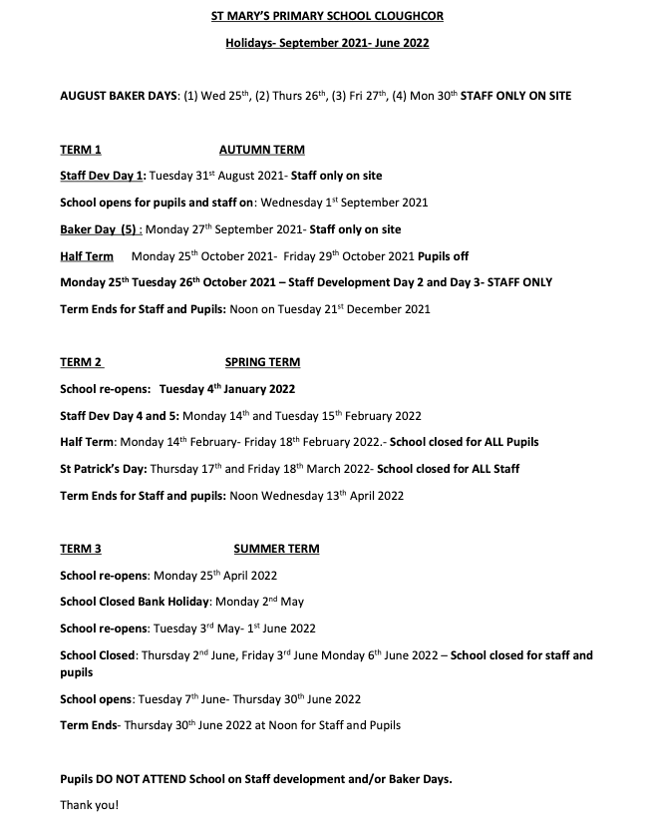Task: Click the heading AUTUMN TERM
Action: click(x=261, y=150)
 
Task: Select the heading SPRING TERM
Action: click(x=262, y=362)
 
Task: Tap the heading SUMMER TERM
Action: click(x=276, y=549)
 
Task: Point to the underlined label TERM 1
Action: click(x=81, y=150)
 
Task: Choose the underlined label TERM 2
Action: click(x=81, y=362)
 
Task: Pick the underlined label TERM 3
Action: click(x=81, y=549)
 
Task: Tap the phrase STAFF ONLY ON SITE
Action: click(x=515, y=96)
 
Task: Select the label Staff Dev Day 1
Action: click(x=103, y=176)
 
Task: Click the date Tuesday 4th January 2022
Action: click(x=226, y=389)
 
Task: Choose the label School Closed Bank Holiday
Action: click(x=135, y=602)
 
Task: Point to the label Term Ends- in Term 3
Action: click(x=90, y=725)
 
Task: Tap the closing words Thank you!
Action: click(x=89, y=804)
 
